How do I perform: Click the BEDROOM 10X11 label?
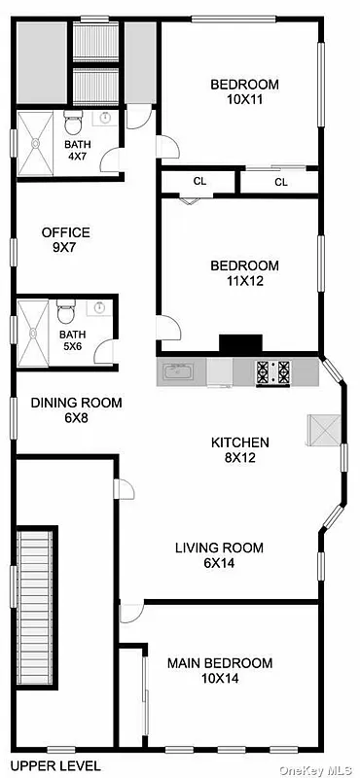click(244, 90)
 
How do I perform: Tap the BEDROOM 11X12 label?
click(244, 272)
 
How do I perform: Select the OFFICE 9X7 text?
click(65, 239)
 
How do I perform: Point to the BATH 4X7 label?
click(78, 151)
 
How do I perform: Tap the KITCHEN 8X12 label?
click(240, 449)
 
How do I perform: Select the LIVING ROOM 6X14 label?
click(219, 554)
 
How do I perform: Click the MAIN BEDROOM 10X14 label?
click(219, 670)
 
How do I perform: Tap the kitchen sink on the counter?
click(178, 371)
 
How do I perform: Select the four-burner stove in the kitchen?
click(271, 371)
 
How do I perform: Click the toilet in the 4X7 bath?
click(73, 124)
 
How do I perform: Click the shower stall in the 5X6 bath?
click(34, 333)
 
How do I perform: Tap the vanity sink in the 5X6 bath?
click(99, 308)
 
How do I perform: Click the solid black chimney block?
click(240, 343)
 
